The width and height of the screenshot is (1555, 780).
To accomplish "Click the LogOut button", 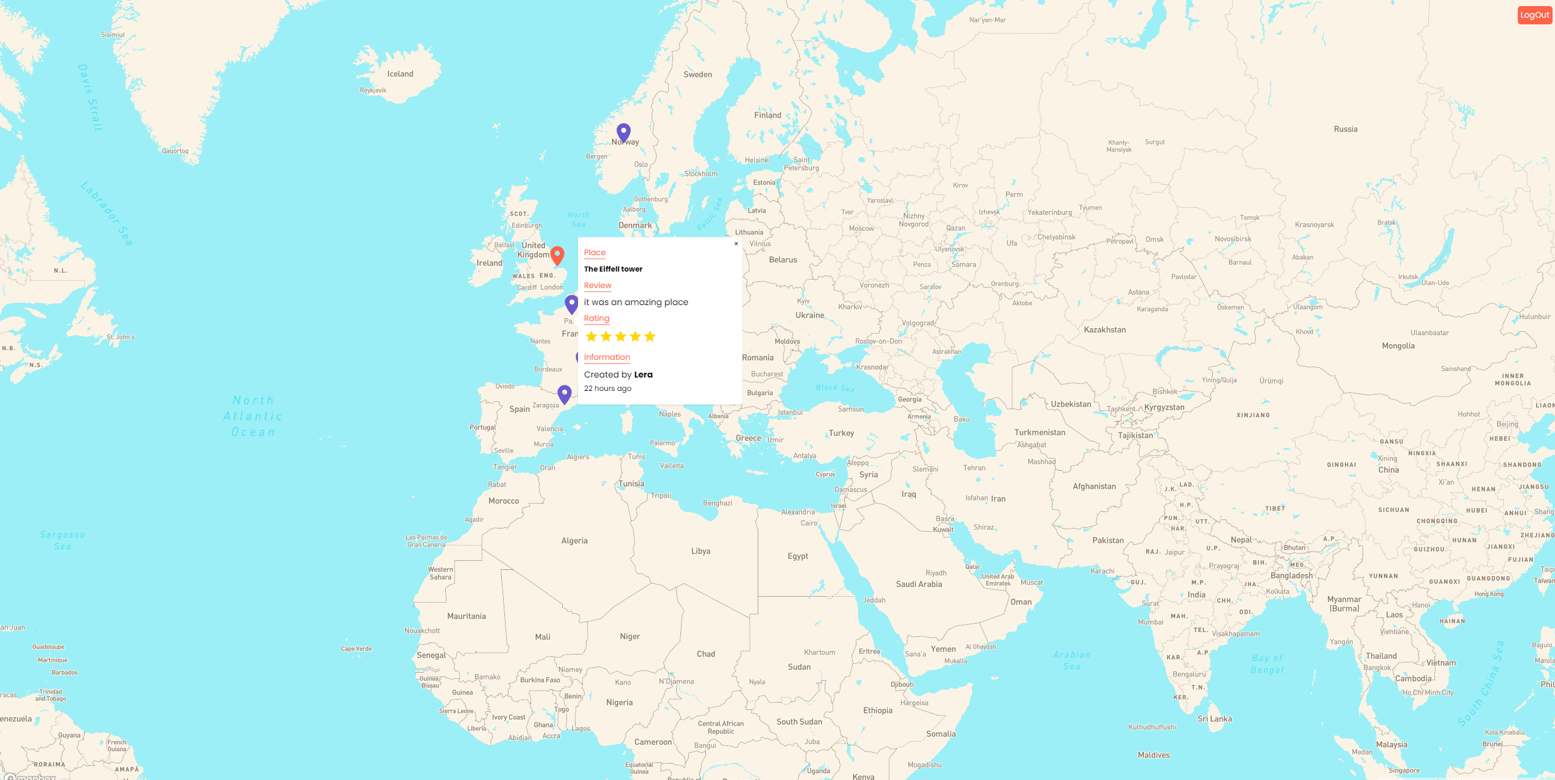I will click(x=1534, y=15).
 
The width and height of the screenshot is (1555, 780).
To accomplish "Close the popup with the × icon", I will click(x=736, y=244).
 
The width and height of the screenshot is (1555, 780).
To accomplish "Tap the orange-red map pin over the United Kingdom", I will click(x=557, y=255).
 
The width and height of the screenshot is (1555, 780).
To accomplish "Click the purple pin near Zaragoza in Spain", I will click(x=565, y=394).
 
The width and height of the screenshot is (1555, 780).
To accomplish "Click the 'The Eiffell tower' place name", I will click(x=613, y=269).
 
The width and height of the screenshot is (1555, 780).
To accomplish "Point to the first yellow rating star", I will click(x=591, y=337).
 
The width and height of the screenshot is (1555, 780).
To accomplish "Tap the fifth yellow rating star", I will click(x=650, y=337).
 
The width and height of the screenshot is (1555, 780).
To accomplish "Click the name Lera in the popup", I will click(x=643, y=374).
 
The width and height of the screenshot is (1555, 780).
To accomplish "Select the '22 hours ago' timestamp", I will click(x=607, y=388).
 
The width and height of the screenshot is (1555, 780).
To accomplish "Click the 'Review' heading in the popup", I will click(x=598, y=286).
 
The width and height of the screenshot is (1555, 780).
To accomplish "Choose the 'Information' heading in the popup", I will click(x=607, y=357).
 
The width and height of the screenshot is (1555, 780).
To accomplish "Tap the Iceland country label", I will click(x=400, y=74).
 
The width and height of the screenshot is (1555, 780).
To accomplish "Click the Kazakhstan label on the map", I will click(x=1105, y=330).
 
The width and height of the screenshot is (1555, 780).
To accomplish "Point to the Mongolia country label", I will click(x=1398, y=346).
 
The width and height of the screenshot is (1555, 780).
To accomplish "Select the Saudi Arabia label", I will click(x=919, y=585).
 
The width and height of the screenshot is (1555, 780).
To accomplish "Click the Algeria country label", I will click(x=574, y=541).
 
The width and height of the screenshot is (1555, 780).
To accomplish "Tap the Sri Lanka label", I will click(x=1215, y=719).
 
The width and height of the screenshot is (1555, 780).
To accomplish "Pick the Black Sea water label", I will click(x=834, y=388).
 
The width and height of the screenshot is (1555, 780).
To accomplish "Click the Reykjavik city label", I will click(x=373, y=91).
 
